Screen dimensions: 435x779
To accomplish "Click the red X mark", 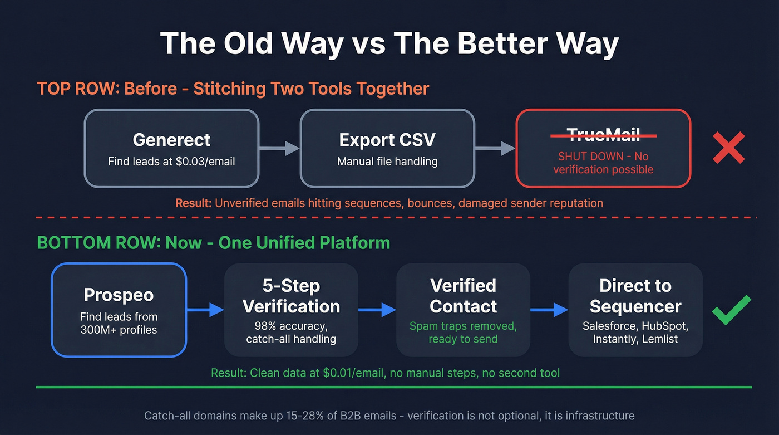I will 728,148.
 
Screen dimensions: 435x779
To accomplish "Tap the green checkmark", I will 732,310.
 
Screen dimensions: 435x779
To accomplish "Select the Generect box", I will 171,148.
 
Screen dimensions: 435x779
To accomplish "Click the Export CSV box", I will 387,148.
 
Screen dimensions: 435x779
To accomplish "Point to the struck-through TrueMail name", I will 603,134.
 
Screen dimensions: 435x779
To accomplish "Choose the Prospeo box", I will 119,310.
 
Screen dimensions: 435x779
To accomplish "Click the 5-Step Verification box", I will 291,310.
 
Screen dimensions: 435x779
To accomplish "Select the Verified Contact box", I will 463,310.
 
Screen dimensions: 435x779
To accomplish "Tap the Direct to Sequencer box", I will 635,310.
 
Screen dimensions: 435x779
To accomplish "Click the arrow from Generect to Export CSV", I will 280,148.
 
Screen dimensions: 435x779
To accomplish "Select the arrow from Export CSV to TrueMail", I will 495,148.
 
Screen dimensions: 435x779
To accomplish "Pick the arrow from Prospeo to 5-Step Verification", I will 205,310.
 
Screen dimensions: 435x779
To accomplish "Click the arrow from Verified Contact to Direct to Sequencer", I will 549,310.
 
